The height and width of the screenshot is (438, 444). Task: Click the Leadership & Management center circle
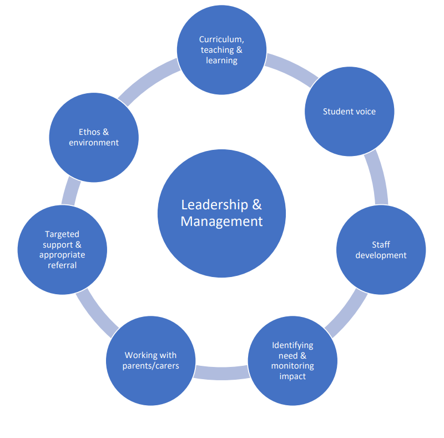pos(221,213)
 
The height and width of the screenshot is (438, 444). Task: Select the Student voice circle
pos(350,112)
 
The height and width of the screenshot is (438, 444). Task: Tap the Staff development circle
pos(381,250)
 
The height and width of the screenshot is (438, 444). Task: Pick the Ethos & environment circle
pos(94,137)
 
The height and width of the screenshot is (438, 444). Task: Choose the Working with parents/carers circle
pos(150,361)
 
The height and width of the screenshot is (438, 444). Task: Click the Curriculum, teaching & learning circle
pos(221,50)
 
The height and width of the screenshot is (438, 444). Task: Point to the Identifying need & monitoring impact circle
pos(292,361)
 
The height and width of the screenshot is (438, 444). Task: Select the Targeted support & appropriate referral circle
pos(62,250)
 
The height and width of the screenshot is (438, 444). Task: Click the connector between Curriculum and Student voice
pos(291,69)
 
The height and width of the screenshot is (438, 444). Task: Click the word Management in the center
pos(221,221)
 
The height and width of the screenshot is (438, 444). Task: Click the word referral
pos(62,265)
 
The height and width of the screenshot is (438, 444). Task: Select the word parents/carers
pos(151,366)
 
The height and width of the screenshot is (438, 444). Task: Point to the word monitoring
pos(292,366)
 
